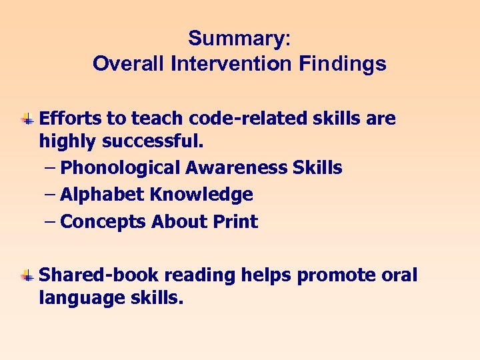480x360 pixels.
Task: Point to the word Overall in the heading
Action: click(x=129, y=63)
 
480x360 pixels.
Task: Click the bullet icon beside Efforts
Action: click(x=27, y=119)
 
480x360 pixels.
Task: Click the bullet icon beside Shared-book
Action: click(x=27, y=275)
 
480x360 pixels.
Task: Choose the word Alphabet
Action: click(x=102, y=195)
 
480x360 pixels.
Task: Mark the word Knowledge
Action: click(x=201, y=195)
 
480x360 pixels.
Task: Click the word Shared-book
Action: click(x=99, y=275)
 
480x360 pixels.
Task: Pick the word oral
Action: click(x=399, y=275)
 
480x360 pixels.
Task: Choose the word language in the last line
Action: click(x=76, y=297)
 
